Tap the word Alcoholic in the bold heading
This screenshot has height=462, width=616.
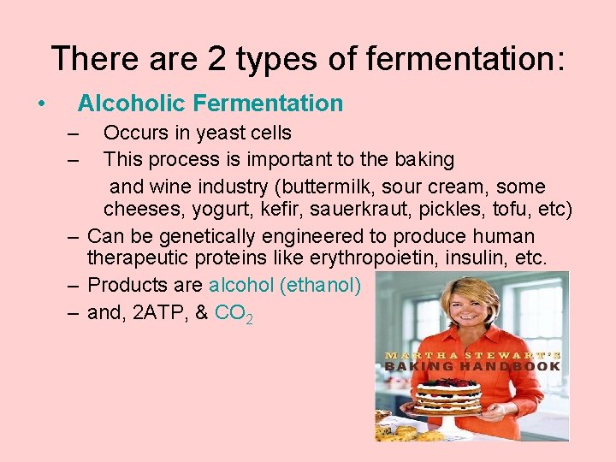[x=132, y=104]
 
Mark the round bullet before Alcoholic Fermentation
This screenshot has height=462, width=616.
[x=41, y=104]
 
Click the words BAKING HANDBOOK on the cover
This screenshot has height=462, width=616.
[x=472, y=366]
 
